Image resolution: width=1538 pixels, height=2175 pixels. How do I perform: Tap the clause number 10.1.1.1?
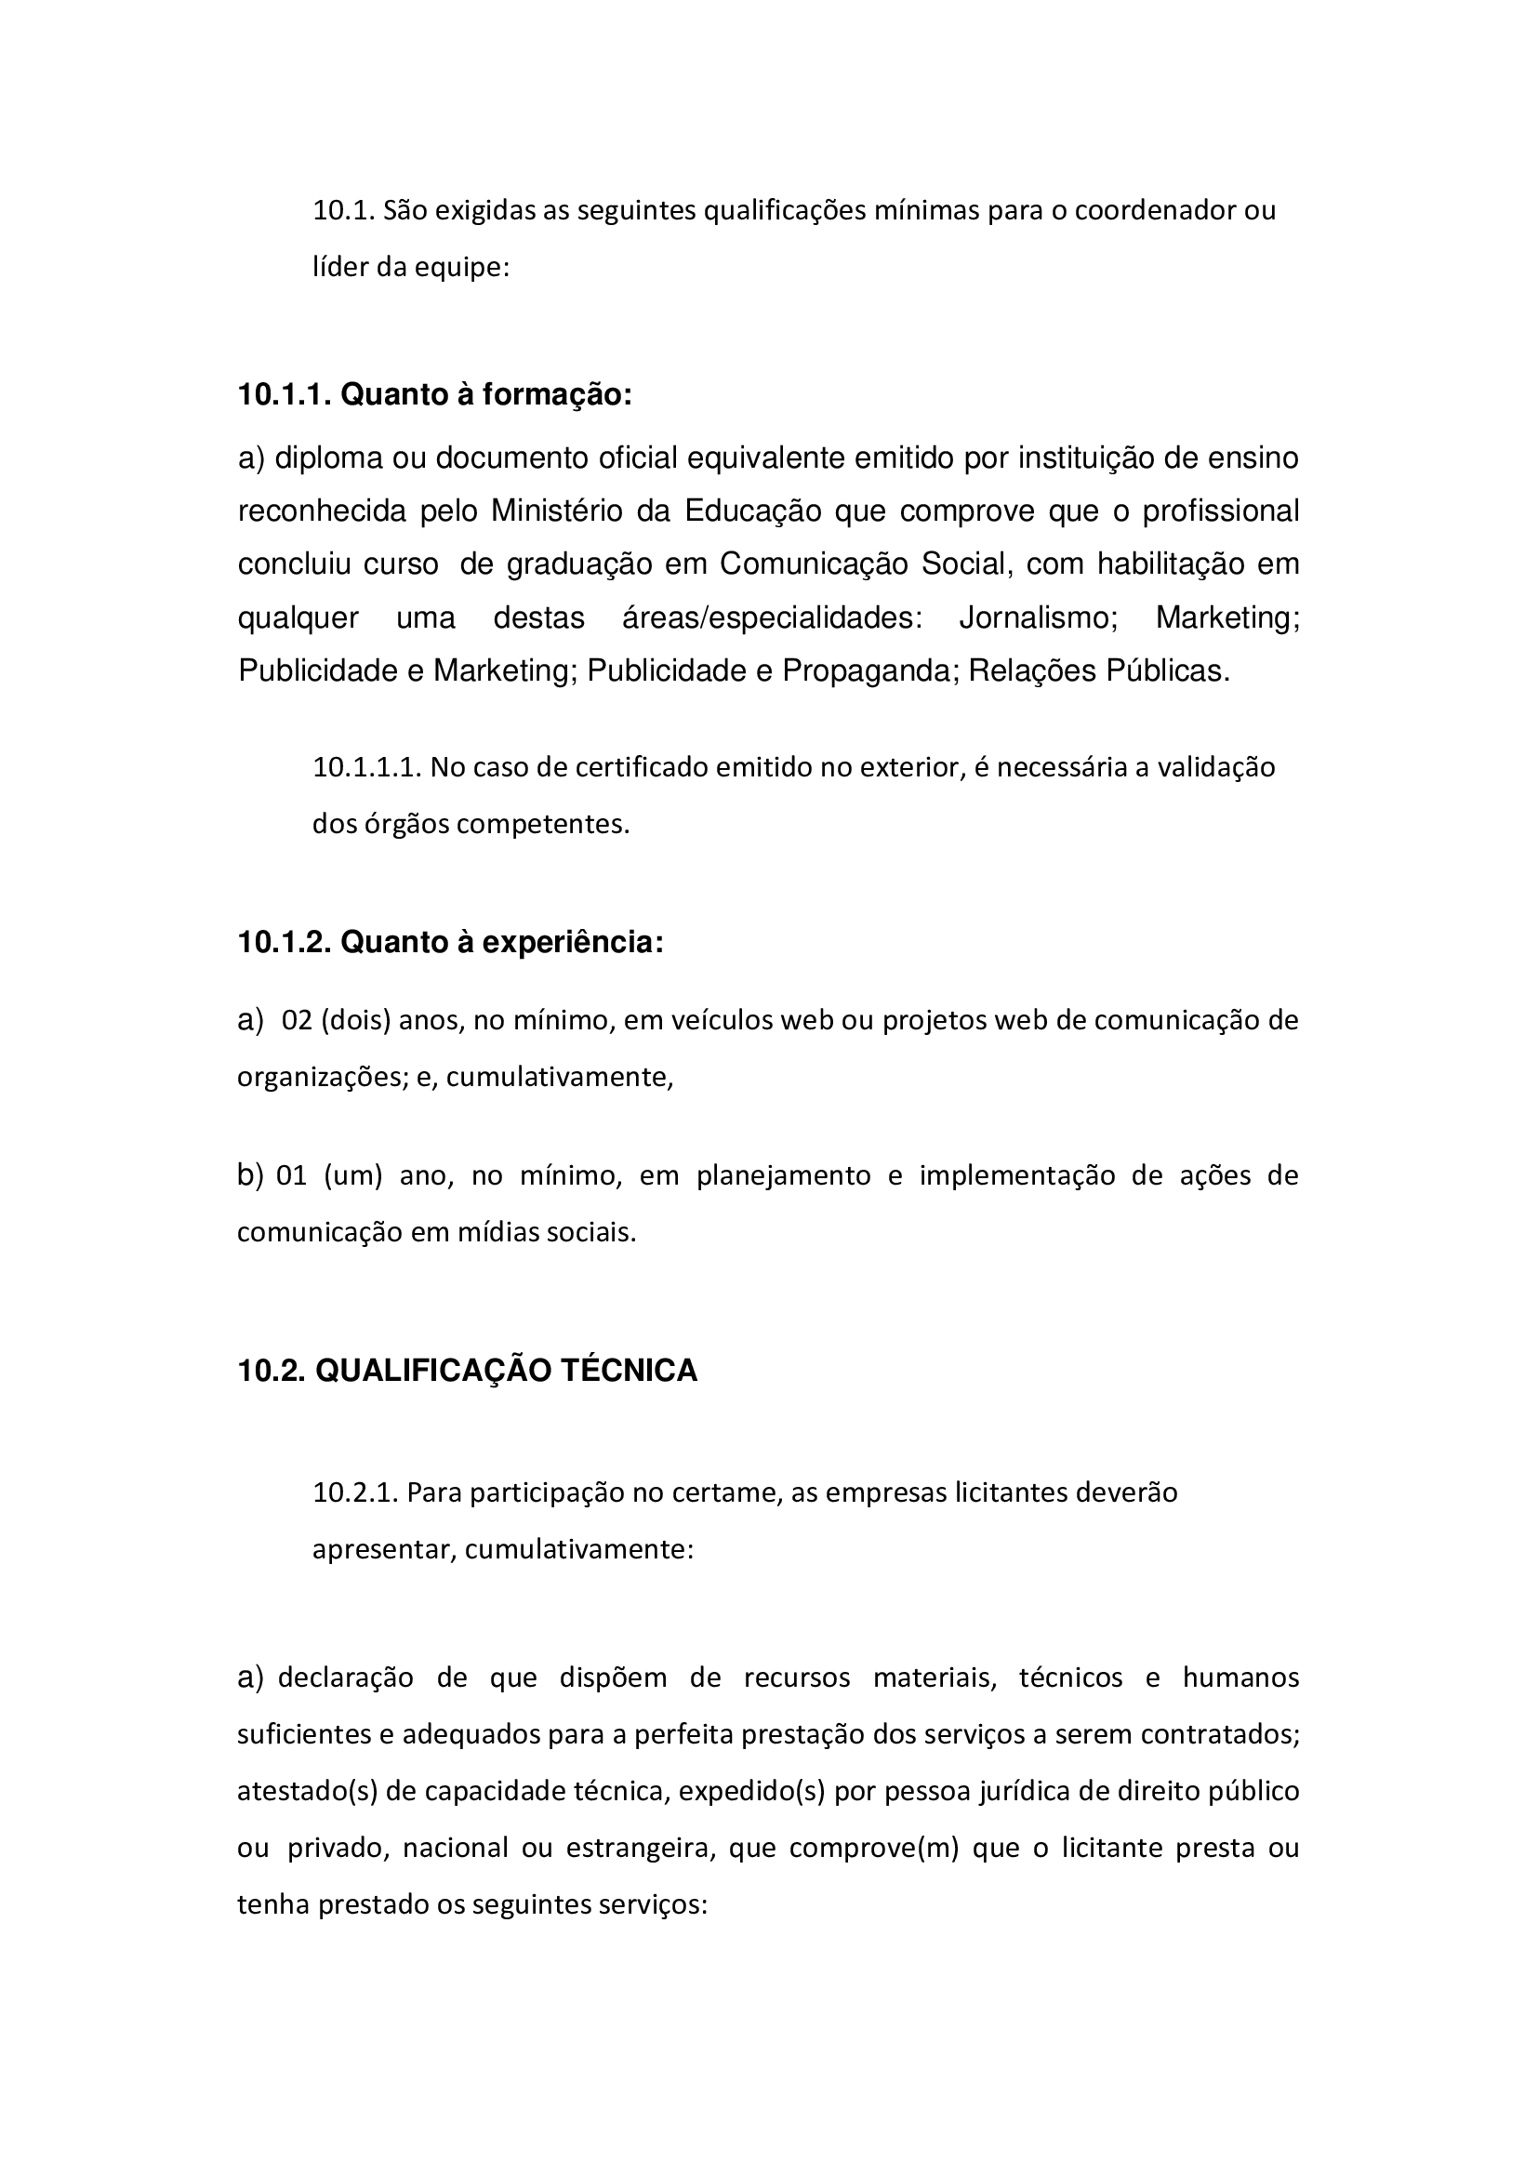tap(366, 767)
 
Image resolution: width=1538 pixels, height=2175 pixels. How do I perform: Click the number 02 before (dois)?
tap(297, 1021)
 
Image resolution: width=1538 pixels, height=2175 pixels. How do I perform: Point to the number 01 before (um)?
tap(292, 1175)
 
